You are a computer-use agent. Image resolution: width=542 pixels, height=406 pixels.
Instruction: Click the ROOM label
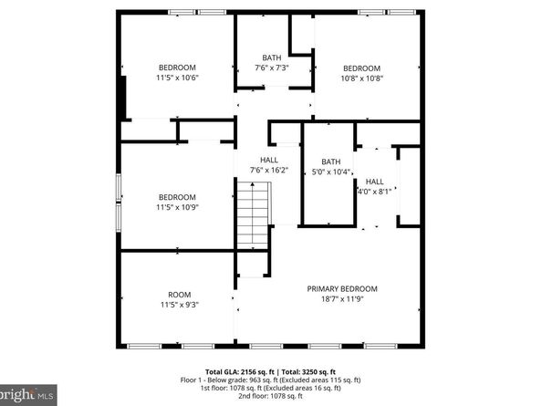pyautogui.click(x=179, y=294)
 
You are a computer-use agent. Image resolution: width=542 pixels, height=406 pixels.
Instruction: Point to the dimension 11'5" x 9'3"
pyautogui.click(x=179, y=305)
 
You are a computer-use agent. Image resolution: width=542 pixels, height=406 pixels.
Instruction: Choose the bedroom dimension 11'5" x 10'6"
pyautogui.click(x=178, y=78)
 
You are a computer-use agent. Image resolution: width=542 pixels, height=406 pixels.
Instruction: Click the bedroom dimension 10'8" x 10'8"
pyautogui.click(x=361, y=78)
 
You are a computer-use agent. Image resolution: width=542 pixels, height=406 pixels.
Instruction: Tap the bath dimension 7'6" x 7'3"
pyautogui.click(x=272, y=68)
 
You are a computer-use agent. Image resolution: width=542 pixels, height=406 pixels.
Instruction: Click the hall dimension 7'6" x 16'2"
pyautogui.click(x=269, y=170)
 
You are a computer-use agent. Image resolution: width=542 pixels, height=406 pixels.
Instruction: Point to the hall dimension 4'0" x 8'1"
pyautogui.click(x=375, y=192)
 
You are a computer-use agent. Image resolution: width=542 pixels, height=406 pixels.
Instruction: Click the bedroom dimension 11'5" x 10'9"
pyautogui.click(x=178, y=208)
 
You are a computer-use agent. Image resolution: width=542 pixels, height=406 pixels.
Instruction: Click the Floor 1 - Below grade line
pyautogui.click(x=271, y=380)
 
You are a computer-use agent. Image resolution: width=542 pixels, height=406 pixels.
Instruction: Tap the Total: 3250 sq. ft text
pyautogui.click(x=308, y=371)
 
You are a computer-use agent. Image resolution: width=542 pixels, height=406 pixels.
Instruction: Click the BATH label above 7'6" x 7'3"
pyautogui.click(x=272, y=57)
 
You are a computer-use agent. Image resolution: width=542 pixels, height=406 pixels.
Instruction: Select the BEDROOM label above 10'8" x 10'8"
pyautogui.click(x=361, y=68)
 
